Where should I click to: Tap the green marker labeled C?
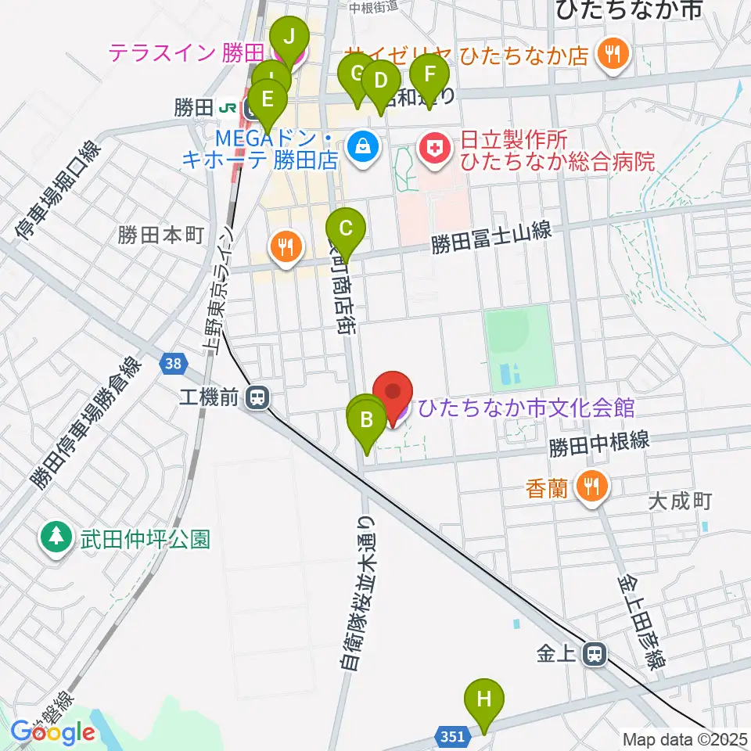[346, 228]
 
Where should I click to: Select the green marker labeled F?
[429, 75]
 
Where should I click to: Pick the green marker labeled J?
[289, 36]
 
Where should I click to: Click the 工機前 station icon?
[255, 399]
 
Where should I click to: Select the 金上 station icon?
[596, 654]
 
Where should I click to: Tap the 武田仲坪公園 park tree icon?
[56, 538]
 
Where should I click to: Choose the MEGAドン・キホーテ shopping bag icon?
[363, 146]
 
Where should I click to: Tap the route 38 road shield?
[174, 362]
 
